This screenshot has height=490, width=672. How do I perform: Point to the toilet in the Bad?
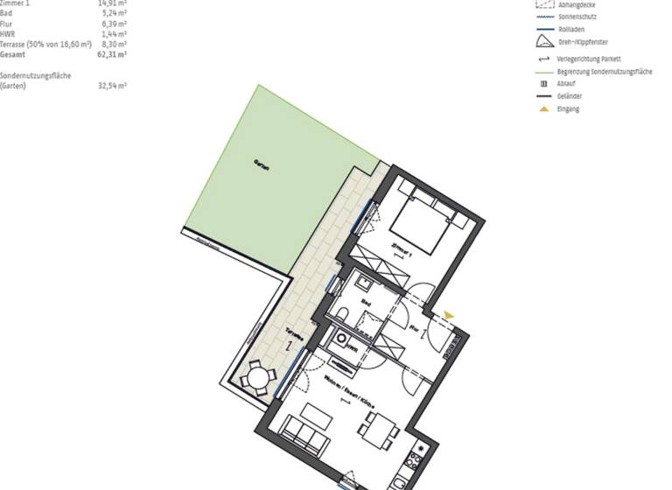[343, 314]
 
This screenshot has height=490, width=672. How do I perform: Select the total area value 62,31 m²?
[113, 52]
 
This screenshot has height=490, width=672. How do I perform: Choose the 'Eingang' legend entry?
[568, 109]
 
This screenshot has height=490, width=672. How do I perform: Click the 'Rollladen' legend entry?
[570, 28]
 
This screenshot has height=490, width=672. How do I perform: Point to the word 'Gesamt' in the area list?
[13, 52]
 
